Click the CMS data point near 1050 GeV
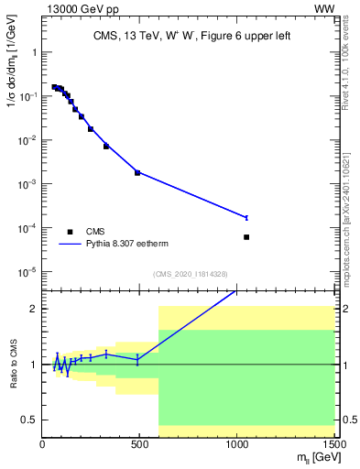coord(246,237)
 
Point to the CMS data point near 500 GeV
coord(137,172)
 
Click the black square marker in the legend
coord(70,232)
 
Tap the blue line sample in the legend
coord(70,245)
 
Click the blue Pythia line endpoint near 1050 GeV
coord(246,217)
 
